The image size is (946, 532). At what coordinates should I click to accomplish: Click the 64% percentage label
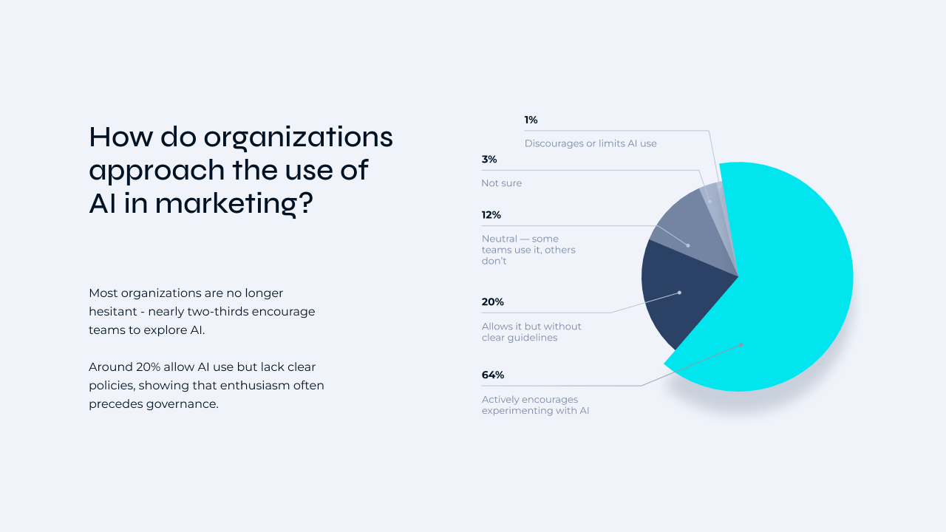tap(493, 375)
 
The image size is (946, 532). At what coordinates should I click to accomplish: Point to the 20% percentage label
tap(493, 302)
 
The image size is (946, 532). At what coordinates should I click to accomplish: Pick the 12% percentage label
tap(491, 215)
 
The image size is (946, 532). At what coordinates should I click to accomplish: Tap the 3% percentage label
tap(489, 160)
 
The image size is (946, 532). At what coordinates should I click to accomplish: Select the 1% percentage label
tap(531, 120)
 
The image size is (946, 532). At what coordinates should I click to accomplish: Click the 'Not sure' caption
tap(502, 183)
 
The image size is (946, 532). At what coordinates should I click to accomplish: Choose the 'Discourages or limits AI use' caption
tap(591, 143)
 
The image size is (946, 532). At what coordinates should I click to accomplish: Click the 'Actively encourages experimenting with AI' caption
tap(535, 405)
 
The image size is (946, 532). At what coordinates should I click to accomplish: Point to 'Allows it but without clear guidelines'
tap(531, 332)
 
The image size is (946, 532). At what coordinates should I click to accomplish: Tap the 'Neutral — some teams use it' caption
tap(528, 250)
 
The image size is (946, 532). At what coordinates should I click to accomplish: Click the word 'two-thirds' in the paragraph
tap(220, 312)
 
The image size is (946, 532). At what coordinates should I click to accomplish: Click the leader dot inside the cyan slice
tap(741, 344)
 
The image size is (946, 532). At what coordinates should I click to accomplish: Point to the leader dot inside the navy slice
tap(679, 293)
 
